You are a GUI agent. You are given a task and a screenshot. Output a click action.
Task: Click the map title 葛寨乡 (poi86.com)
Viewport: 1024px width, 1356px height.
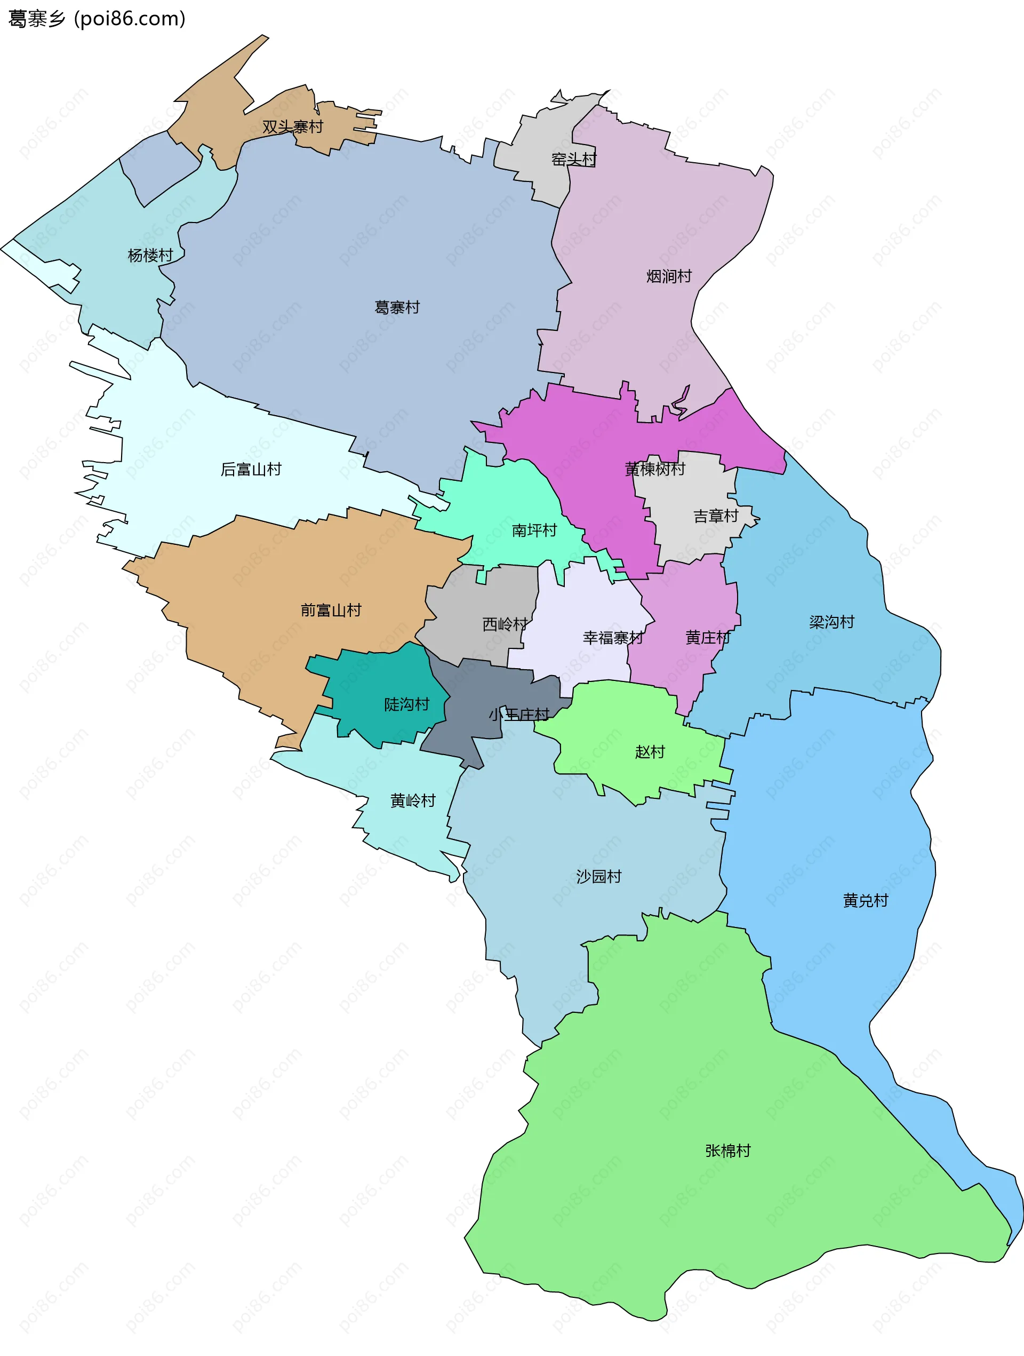[97, 19]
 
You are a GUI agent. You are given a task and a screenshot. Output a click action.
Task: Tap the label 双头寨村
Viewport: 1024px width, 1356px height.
[292, 127]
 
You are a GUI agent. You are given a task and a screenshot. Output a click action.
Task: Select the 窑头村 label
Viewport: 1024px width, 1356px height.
[573, 160]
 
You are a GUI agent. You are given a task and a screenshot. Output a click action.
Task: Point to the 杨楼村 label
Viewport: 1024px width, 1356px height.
[150, 255]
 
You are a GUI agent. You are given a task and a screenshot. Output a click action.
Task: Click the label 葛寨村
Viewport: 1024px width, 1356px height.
[397, 307]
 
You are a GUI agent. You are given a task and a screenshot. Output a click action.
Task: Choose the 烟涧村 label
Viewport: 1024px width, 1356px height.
[669, 276]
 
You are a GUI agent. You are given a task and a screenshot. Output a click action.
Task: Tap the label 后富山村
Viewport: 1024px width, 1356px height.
[251, 470]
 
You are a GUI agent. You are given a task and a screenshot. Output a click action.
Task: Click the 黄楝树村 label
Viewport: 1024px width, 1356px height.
[654, 469]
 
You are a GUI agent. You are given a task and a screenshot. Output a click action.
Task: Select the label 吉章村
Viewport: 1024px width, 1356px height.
[715, 516]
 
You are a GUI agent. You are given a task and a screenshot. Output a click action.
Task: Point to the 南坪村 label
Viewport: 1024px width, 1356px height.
[534, 530]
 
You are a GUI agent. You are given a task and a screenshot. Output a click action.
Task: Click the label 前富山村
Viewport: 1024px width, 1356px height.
[331, 610]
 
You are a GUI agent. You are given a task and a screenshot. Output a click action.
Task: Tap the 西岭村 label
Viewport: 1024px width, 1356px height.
[505, 624]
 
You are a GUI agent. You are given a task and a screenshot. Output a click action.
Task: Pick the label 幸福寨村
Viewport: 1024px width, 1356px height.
[613, 638]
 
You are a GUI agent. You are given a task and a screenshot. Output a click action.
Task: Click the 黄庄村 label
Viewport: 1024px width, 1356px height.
[707, 638]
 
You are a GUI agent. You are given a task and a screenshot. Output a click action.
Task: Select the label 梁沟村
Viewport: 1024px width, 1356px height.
[831, 622]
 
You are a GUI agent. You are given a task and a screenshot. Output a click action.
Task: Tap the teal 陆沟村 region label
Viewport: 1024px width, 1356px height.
[406, 704]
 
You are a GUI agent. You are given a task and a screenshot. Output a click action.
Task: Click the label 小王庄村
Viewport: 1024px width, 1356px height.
[518, 714]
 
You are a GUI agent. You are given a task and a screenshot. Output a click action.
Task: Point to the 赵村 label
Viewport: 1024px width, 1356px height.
[650, 751]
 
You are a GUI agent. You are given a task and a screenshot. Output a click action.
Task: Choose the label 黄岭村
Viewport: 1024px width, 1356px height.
[412, 800]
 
